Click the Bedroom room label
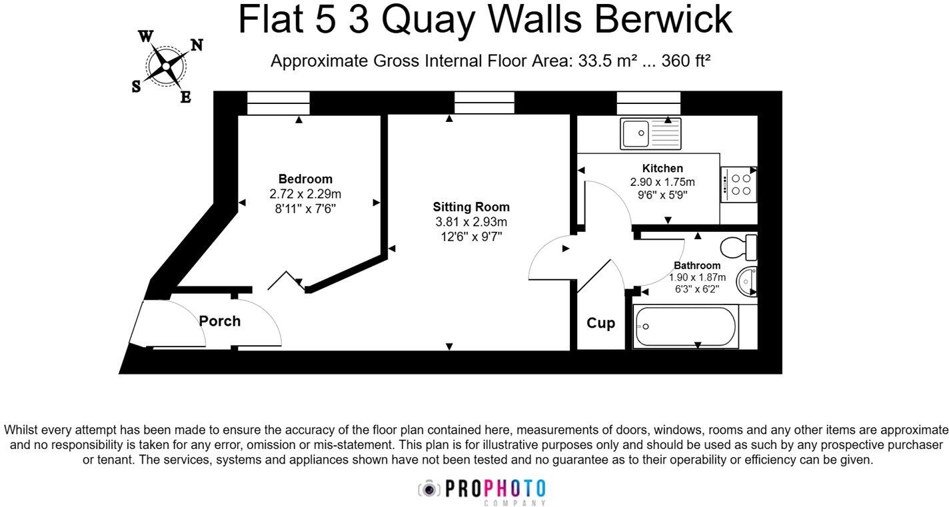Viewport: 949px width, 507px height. (305, 179)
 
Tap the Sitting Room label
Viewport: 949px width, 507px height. (471, 207)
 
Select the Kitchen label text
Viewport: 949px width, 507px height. (662, 168)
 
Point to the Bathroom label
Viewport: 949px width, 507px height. (697, 265)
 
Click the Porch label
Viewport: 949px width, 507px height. (220, 321)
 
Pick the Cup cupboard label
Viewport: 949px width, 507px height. (600, 323)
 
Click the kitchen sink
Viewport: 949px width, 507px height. (650, 133)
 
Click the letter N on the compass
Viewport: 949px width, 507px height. (197, 45)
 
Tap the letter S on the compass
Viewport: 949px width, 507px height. (136, 87)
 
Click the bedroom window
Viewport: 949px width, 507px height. (279, 103)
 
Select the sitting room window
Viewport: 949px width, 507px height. (484, 103)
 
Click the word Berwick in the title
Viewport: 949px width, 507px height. (663, 20)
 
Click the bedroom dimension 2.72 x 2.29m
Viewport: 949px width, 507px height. (305, 194)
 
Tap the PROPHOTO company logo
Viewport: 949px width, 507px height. (482, 490)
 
